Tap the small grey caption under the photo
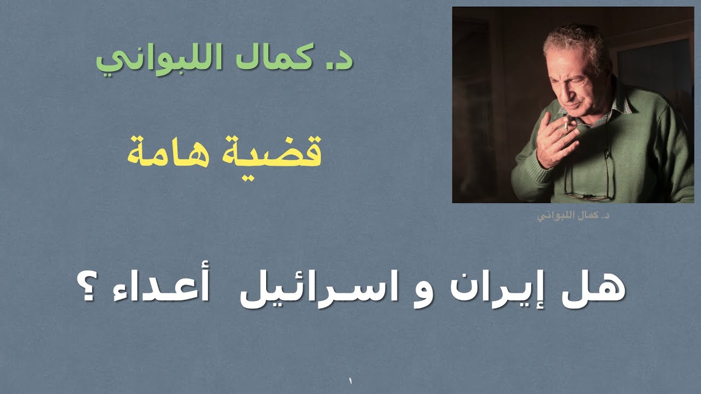(x=573, y=215)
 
